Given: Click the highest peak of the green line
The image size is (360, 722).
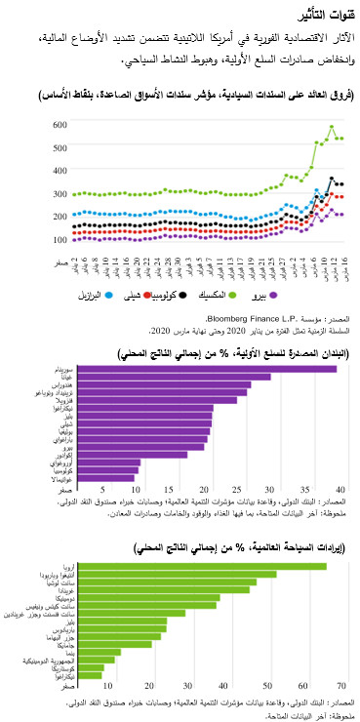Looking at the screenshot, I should [332, 127].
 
